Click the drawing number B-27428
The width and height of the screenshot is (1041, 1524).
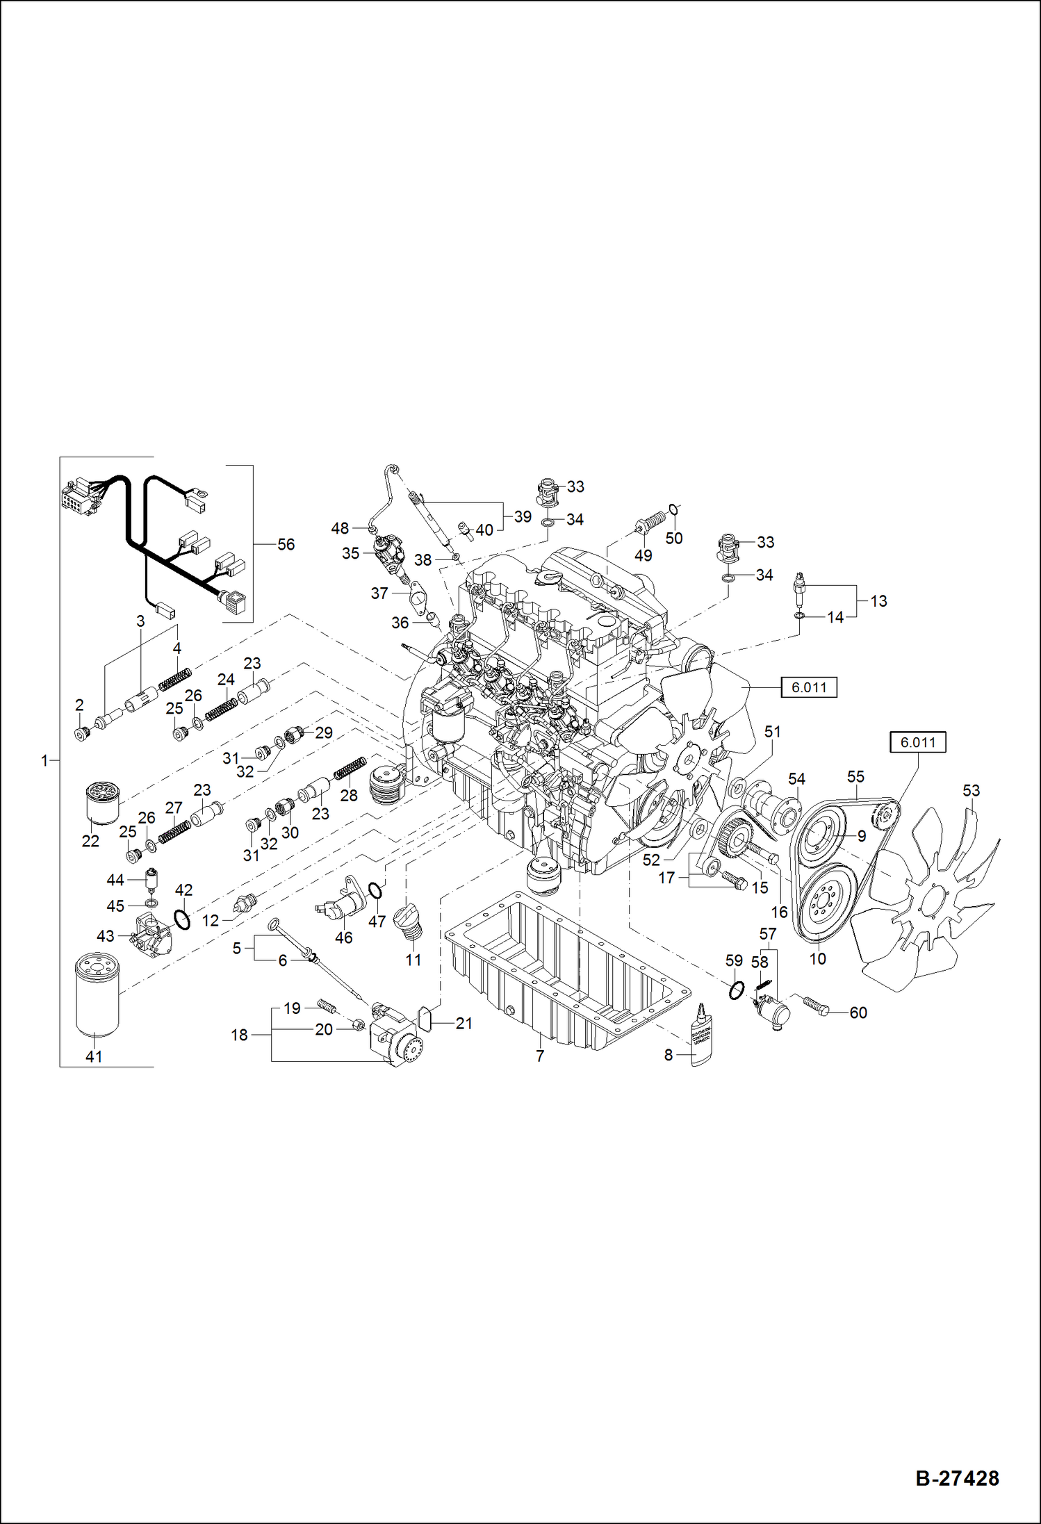pyautogui.click(x=957, y=1478)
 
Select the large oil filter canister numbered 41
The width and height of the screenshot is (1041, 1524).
pyautogui.click(x=97, y=994)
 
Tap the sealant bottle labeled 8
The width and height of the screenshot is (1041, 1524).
pyautogui.click(x=701, y=1035)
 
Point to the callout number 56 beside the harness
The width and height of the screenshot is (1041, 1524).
pyautogui.click(x=286, y=544)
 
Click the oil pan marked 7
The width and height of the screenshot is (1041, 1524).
pyautogui.click(x=566, y=969)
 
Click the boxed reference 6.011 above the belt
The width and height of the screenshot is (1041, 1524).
pyautogui.click(x=917, y=742)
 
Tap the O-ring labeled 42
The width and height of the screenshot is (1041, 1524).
pyautogui.click(x=182, y=920)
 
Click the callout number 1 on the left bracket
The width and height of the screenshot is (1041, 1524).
pyautogui.click(x=44, y=761)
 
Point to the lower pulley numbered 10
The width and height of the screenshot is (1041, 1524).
pyautogui.click(x=826, y=903)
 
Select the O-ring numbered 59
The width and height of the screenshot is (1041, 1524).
pyautogui.click(x=737, y=990)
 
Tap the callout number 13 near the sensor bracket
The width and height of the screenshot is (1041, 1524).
pyautogui.click(x=878, y=601)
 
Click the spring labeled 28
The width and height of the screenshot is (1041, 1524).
pyautogui.click(x=350, y=768)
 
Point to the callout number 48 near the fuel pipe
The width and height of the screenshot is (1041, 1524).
pyautogui.click(x=339, y=528)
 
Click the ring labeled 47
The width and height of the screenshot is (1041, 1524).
pyautogui.click(x=375, y=890)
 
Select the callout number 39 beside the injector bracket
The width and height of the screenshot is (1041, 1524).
pyautogui.click(x=523, y=516)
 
